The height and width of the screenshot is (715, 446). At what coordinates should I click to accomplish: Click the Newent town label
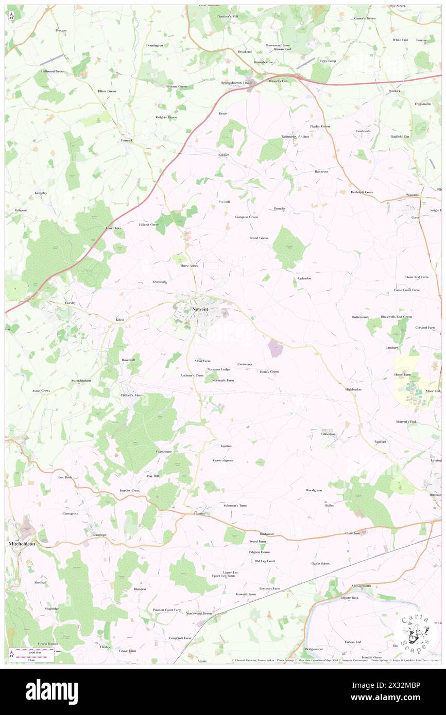[200, 309]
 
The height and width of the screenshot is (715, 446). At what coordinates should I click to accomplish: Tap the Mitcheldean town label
[21, 543]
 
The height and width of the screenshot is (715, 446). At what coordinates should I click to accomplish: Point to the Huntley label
[199, 513]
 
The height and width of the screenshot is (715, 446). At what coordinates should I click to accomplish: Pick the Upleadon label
[304, 278]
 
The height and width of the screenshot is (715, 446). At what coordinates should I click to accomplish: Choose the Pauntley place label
[280, 208]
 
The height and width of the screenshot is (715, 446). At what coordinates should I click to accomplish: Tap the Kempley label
[41, 193]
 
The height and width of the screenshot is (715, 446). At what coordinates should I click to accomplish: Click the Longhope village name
[99, 535]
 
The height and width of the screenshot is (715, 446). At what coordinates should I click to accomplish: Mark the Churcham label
[352, 533]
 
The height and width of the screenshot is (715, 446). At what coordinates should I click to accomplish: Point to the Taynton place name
[226, 446]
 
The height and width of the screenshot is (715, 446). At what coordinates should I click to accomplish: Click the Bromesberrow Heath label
[236, 83]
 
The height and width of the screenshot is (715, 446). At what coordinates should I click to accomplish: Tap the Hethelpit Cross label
[362, 192]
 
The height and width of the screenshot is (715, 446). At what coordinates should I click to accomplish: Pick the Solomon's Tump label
[235, 505]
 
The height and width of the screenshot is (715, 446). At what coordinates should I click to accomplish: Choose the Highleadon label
[353, 389]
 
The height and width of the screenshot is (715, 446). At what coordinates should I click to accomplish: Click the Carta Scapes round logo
[416, 631]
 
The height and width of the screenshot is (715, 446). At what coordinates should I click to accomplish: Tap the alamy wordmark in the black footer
[52, 692]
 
